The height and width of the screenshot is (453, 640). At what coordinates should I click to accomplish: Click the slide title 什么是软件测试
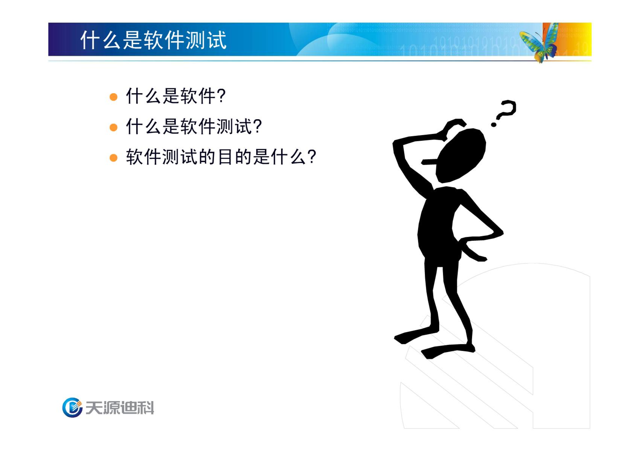(153, 40)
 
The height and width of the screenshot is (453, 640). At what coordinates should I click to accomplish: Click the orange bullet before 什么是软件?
(113, 97)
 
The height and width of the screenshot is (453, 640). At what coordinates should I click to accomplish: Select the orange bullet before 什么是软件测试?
(113, 127)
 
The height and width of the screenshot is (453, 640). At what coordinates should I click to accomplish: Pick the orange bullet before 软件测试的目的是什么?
(113, 158)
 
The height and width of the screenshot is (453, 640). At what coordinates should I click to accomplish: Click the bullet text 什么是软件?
(176, 96)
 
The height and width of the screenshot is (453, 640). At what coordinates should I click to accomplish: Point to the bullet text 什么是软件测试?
(194, 126)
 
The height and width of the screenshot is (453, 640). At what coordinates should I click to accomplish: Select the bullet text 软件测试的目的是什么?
(221, 157)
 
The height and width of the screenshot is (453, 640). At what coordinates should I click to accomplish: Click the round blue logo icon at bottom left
(72, 407)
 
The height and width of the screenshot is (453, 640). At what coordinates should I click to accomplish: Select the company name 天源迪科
(120, 408)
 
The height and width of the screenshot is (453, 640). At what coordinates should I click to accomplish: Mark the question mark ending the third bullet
(312, 157)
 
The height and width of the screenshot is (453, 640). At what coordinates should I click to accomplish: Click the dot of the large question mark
(494, 124)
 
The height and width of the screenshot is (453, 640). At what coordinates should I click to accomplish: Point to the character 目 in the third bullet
(225, 157)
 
